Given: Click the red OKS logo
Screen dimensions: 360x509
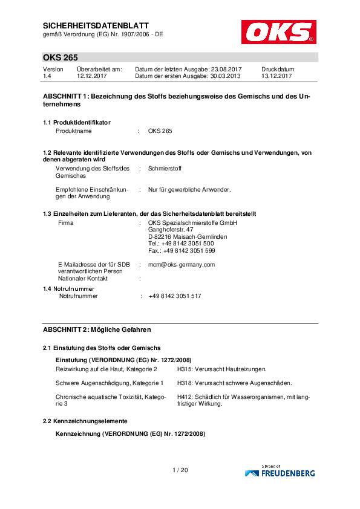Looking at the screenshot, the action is pos(278,31).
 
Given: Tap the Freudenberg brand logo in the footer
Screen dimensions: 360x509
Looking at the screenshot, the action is pos(280,472).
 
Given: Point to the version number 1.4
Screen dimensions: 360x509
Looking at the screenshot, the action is pos(47,77).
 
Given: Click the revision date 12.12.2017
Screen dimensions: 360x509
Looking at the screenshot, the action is pos(91,77).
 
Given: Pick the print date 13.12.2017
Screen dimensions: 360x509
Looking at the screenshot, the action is pos(277,77).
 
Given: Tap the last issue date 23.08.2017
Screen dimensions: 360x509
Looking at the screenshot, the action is pos(226,70).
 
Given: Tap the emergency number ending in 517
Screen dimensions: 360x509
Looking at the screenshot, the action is pos(175,296).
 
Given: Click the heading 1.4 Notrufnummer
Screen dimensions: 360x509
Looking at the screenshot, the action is pos(69,289).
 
